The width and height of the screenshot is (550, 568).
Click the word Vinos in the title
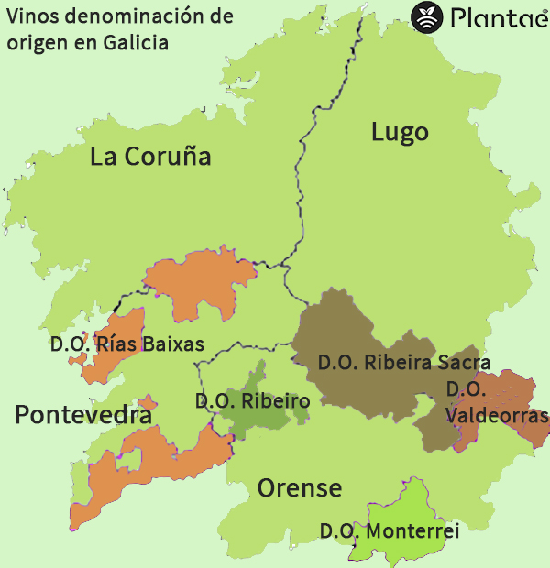pyautogui.click(x=28, y=16)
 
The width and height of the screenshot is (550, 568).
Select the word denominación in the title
pyautogui.click(x=120, y=16)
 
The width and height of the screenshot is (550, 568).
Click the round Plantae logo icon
pyautogui.click(x=426, y=16)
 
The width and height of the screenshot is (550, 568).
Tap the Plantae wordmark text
pyautogui.click(x=496, y=17)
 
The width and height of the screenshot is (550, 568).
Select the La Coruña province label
pyautogui.click(x=150, y=157)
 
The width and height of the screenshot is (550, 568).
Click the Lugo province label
pyautogui.click(x=400, y=132)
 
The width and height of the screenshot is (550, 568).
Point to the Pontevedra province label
pyautogui.click(x=83, y=415)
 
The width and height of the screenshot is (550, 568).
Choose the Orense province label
pyautogui.click(x=299, y=487)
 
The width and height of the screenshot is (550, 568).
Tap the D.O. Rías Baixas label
pyautogui.click(x=126, y=344)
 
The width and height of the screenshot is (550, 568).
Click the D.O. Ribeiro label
pyautogui.click(x=252, y=400)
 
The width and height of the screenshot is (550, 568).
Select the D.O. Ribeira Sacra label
pyautogui.click(x=403, y=362)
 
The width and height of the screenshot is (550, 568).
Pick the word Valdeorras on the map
pyautogui.click(x=497, y=414)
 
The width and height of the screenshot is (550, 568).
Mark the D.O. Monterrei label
pyautogui.click(x=389, y=530)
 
